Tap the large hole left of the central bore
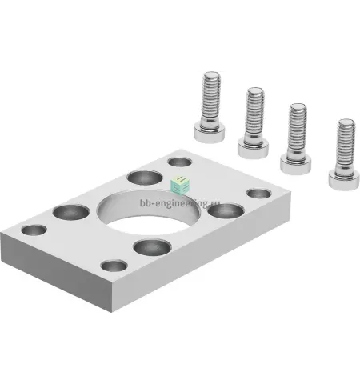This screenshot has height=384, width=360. point(71,212)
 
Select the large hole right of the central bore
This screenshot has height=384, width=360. point(226,210)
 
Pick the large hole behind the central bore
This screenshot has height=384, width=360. point(145,178)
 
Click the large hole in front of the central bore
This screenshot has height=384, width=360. point(152,247)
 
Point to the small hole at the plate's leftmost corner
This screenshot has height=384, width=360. point(34,230)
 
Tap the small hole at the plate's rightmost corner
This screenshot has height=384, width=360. point(259,194)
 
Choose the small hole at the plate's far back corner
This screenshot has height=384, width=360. point(180,162)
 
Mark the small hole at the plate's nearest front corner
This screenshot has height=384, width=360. point(114,266)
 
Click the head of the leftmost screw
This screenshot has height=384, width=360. point(210,134)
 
